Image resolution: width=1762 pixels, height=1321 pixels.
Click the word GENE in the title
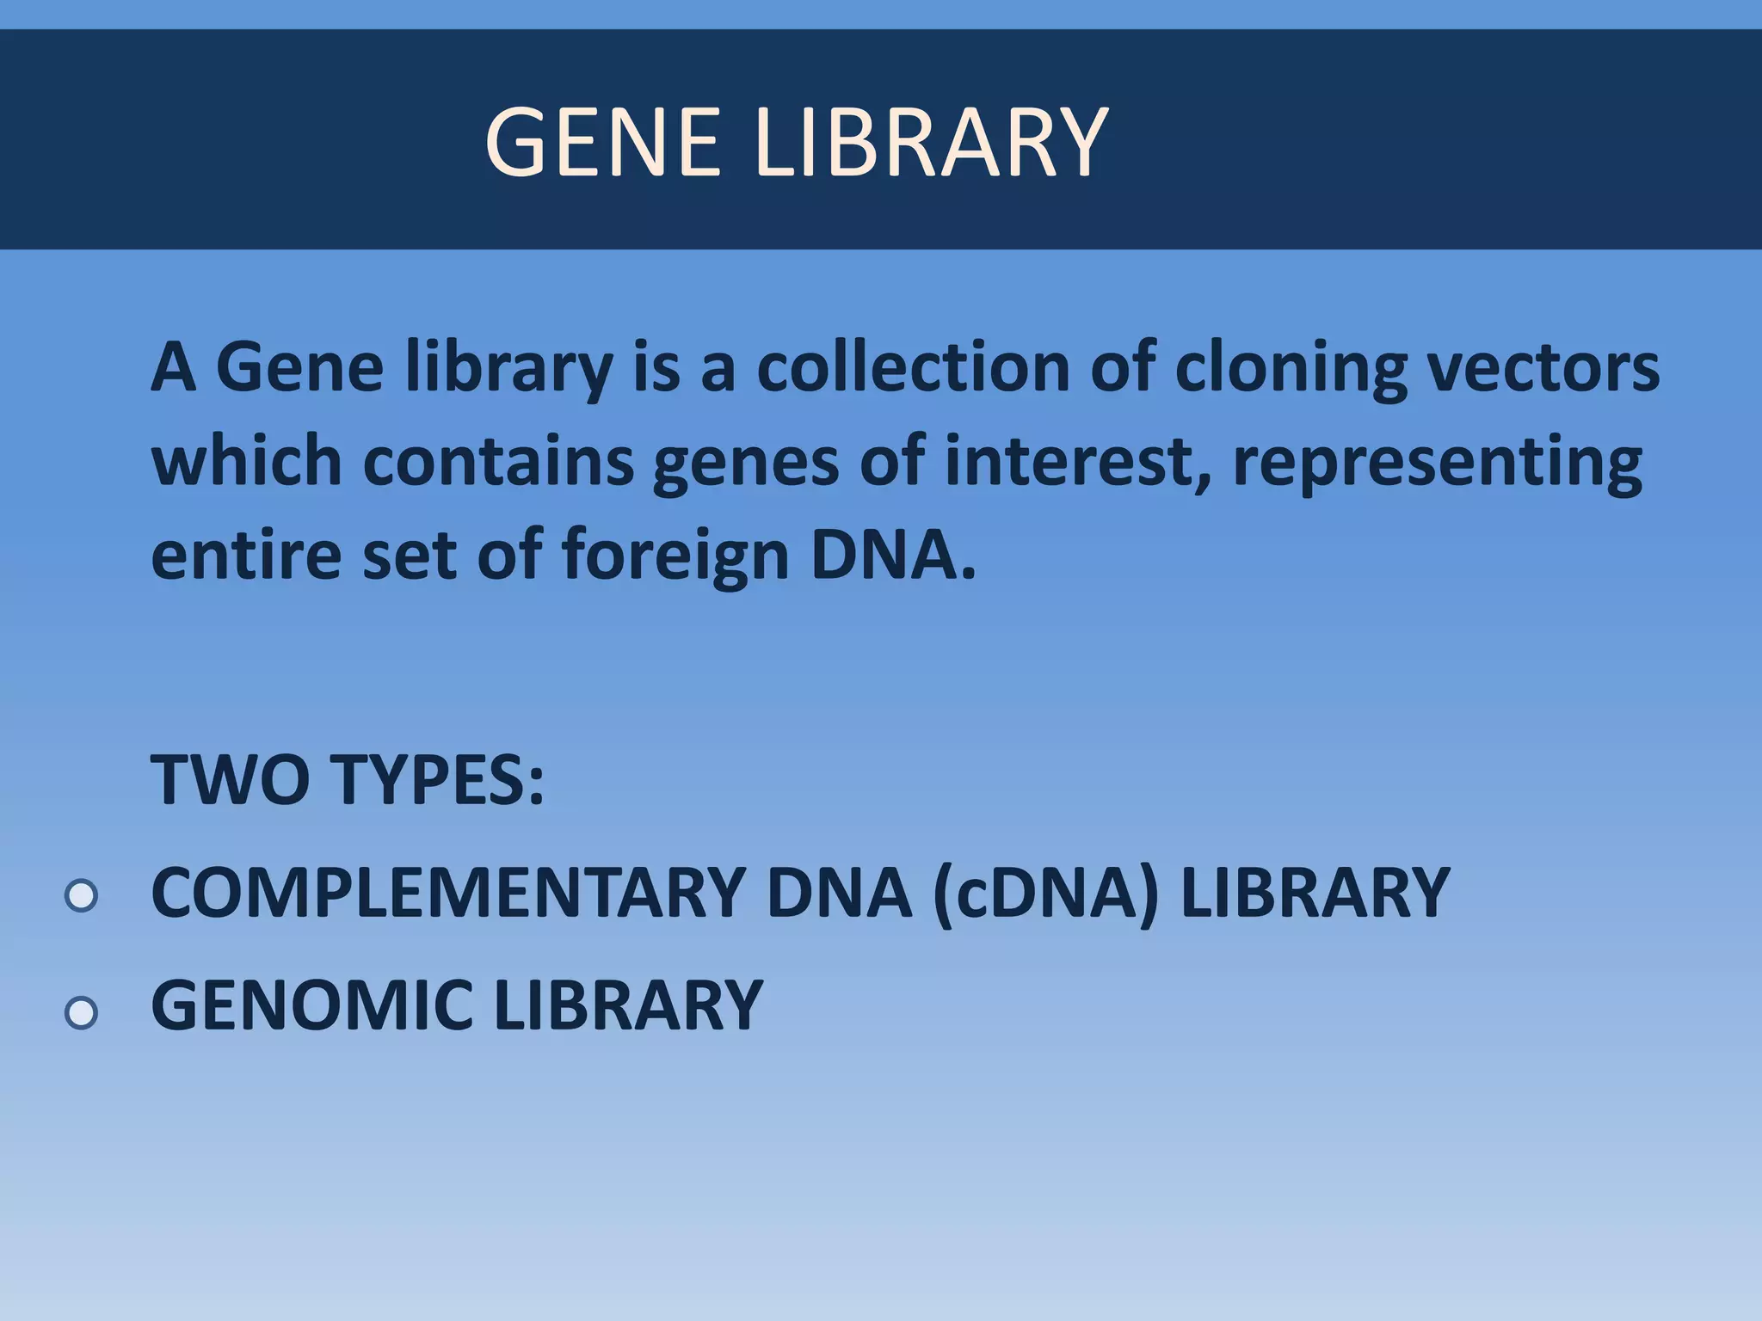602,142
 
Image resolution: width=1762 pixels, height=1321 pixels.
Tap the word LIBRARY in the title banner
932,142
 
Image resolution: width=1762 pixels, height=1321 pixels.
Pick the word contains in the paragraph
498,461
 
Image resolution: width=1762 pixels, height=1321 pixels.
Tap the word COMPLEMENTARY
448,893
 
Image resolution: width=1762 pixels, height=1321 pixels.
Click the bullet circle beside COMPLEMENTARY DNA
81,896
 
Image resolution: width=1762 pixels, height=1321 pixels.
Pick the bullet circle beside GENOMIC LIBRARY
81,1013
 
